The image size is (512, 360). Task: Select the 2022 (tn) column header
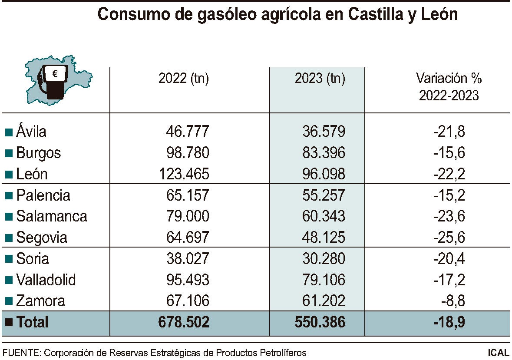click(x=184, y=79)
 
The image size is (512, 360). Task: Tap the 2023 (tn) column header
click(x=320, y=79)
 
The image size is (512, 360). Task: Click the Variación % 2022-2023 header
click(x=449, y=87)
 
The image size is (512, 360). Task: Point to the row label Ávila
click(x=31, y=131)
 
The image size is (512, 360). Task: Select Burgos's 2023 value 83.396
click(x=324, y=153)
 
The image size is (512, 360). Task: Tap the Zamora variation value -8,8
click(x=453, y=301)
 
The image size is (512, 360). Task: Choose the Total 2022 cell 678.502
click(x=184, y=322)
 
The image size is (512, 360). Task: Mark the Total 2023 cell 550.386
click(x=320, y=322)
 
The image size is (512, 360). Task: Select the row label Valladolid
click(x=46, y=280)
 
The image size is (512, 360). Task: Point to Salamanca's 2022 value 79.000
click(x=188, y=216)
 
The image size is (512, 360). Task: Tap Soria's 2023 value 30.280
click(x=324, y=259)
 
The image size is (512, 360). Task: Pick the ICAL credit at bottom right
click(x=498, y=353)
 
